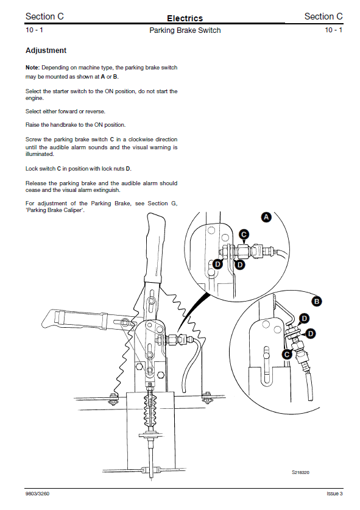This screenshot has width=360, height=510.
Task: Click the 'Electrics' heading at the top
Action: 185,18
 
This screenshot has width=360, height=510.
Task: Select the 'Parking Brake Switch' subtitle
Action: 185,30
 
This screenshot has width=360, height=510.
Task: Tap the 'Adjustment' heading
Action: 46,51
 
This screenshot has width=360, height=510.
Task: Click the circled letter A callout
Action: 266,217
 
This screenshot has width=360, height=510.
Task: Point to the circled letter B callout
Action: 316,302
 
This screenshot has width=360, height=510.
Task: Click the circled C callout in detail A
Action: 244,234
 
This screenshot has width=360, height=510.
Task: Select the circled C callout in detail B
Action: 286,354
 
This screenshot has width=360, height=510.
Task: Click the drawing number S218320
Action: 300,472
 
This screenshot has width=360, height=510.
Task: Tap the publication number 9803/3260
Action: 37,494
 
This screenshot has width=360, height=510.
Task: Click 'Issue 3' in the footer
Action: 334,494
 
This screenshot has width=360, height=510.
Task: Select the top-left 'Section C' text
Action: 44,16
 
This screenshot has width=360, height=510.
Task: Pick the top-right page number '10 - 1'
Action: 334,30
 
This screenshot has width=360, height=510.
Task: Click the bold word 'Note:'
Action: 32,68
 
